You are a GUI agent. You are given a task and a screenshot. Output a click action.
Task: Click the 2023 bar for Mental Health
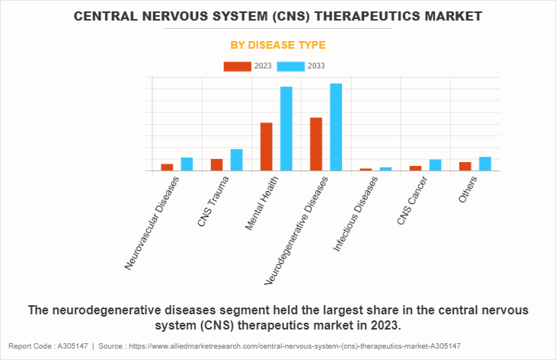(267, 147)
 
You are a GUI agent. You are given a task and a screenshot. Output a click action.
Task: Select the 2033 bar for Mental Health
(286, 129)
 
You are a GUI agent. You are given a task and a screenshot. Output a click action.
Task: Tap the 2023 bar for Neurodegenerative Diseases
(316, 144)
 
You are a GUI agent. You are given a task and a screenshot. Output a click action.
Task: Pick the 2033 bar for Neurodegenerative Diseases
(336, 127)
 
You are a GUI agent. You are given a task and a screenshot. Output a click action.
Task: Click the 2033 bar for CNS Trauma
(237, 160)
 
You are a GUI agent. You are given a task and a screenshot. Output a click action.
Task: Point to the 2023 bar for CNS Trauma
(217, 164)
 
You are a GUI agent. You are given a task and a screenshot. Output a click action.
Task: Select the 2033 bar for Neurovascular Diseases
(187, 164)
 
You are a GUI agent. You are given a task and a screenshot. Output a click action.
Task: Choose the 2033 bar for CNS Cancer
(435, 164)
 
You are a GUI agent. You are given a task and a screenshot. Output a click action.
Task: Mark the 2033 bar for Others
(485, 164)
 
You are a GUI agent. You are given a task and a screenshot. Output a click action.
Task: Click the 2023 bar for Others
(465, 166)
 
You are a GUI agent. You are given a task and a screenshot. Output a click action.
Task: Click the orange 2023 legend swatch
(237, 66)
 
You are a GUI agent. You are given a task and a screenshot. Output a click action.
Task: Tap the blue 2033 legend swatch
(291, 66)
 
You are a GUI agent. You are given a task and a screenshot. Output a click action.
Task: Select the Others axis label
(467, 190)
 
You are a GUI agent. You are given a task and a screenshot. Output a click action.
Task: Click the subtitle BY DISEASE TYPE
(278, 46)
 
